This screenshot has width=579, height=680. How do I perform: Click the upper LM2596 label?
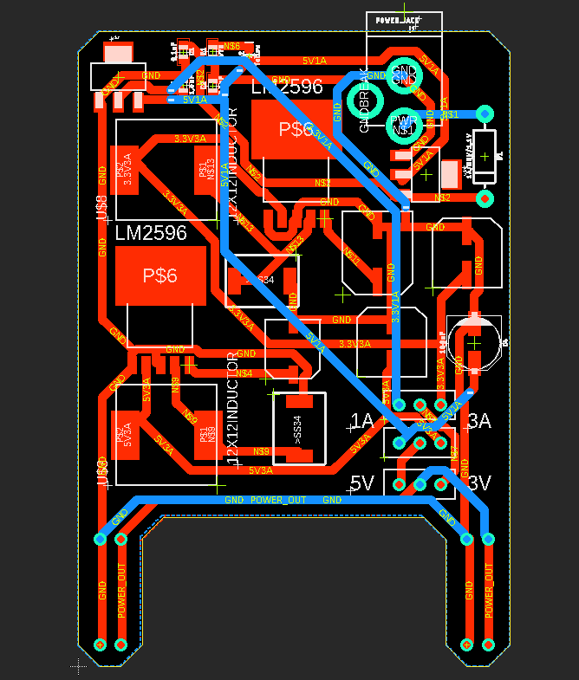pos(287,87)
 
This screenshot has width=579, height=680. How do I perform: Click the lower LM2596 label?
pos(151,233)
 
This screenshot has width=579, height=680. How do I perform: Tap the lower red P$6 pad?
pos(160,275)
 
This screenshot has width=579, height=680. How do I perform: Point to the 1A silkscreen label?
pos(361,422)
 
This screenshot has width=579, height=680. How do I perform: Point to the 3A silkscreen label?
pos(479,422)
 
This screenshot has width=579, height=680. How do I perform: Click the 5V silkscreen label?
pos(361,482)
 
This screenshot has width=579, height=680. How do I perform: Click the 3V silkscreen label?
pos(479,482)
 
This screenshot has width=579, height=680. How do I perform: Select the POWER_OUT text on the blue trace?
pos(278,500)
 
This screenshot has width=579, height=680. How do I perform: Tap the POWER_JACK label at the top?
pos(397,19)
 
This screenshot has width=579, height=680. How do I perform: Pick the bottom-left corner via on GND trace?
pos(100,644)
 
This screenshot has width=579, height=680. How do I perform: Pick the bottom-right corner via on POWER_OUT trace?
pos(489,644)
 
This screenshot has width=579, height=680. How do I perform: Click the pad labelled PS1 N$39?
pos(206,433)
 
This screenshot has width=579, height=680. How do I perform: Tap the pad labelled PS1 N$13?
pos(206,166)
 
